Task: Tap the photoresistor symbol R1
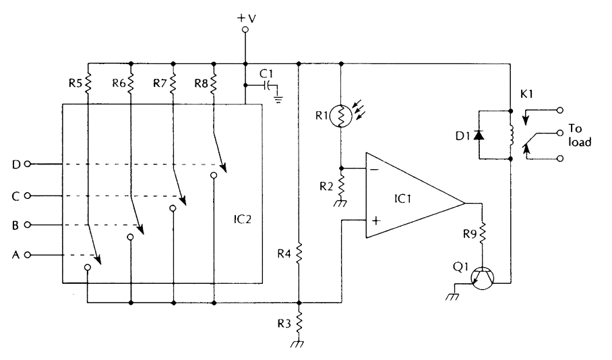[x=342, y=115]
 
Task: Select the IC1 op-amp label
[x=405, y=202]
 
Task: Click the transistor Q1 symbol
[x=482, y=278]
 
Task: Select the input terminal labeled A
[x=27, y=255]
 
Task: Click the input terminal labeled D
[x=27, y=164]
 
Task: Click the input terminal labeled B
[x=27, y=224]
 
